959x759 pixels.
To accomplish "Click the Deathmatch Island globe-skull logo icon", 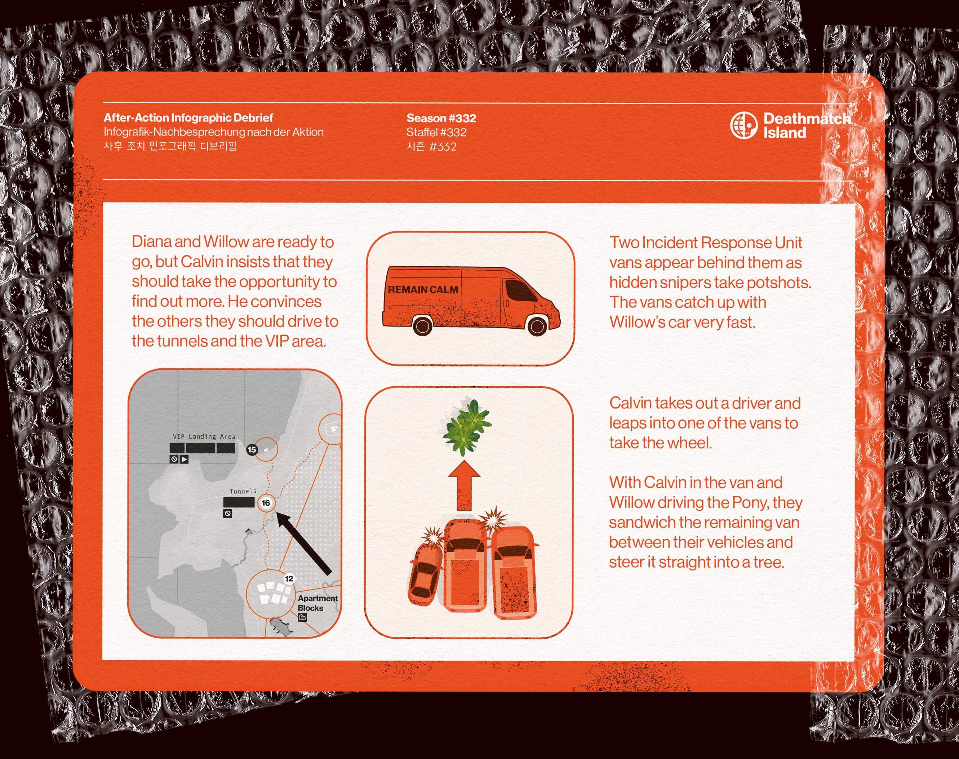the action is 743,125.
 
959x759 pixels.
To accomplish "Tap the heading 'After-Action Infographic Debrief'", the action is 188,118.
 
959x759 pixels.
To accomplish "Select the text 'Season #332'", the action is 441,118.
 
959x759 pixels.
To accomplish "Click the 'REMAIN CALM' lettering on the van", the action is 423,290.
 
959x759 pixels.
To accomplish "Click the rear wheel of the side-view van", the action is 423,326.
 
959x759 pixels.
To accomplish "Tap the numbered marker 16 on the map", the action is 266,503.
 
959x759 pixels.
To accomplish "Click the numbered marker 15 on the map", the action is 252,450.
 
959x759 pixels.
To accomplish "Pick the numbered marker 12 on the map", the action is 289,578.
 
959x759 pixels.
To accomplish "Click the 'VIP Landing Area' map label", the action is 204,437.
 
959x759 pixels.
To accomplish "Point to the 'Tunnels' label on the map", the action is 243,491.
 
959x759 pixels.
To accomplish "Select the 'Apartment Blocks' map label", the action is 317,603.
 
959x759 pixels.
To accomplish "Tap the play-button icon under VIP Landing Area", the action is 184,459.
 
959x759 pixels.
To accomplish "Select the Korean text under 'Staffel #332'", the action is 431,147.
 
